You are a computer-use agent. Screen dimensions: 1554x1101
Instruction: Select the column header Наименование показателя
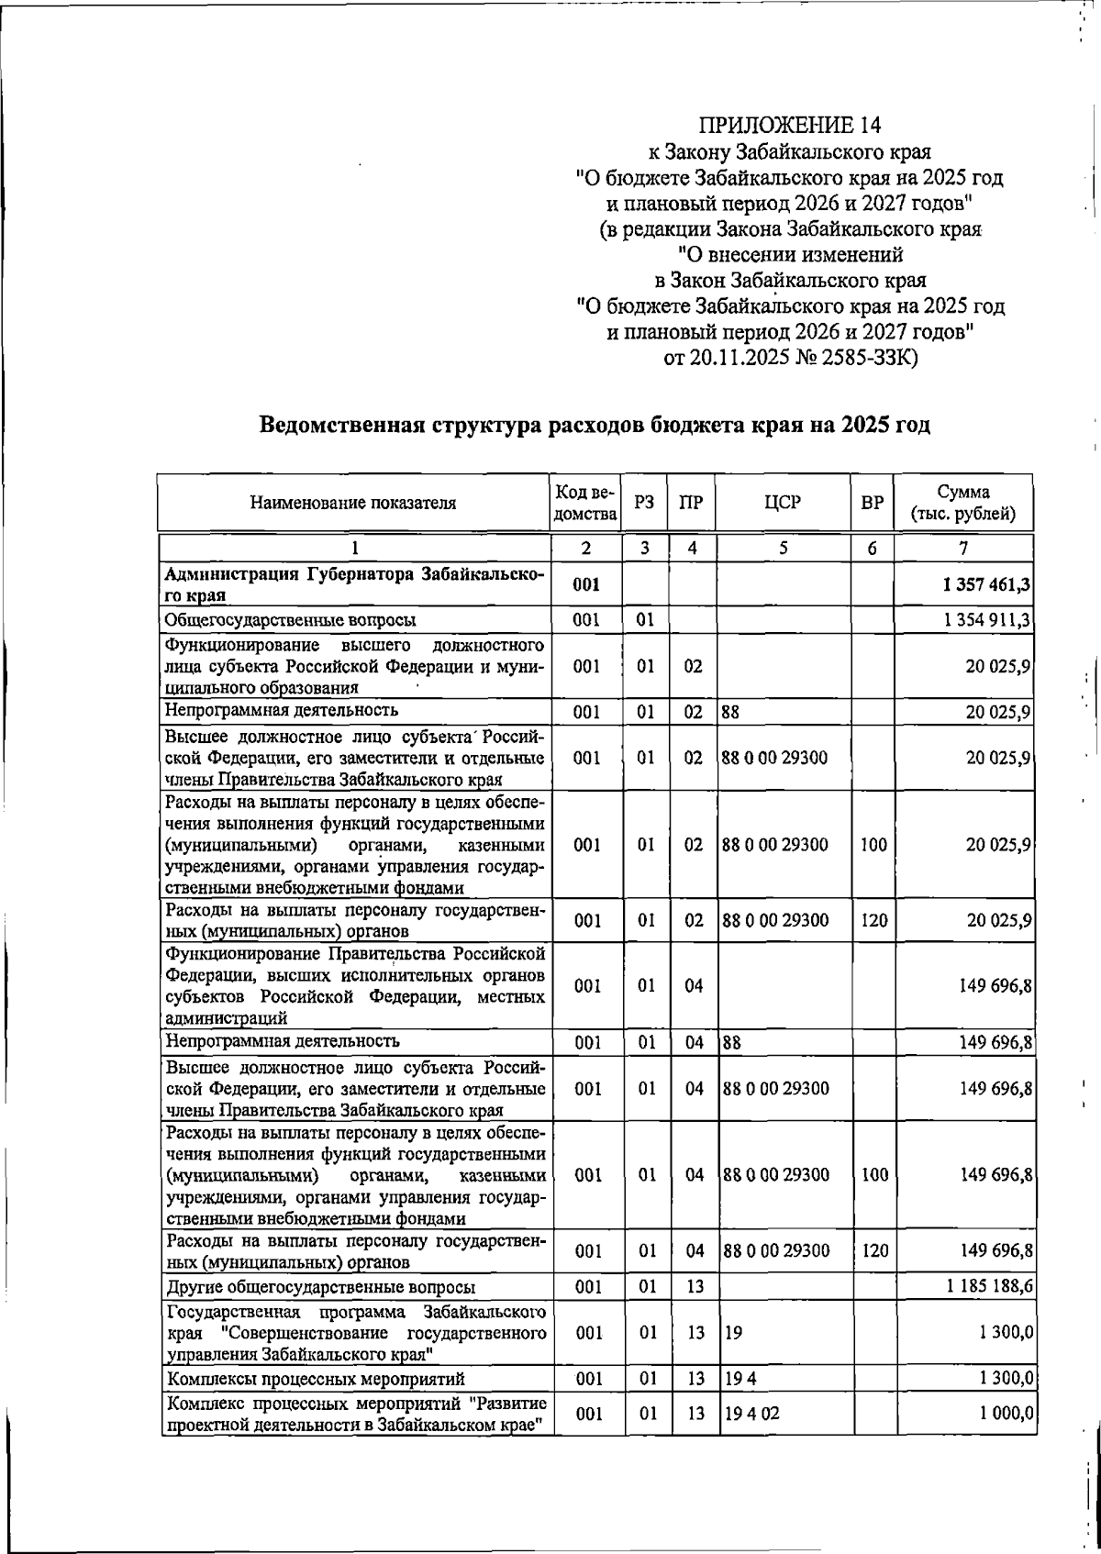click(x=353, y=503)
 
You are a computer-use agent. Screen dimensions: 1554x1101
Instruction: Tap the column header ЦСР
click(x=784, y=503)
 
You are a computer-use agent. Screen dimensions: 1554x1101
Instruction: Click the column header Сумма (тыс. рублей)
click(x=962, y=503)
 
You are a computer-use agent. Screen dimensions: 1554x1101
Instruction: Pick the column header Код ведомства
click(x=585, y=503)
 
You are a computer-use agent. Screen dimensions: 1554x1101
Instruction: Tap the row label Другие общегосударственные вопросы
click(x=320, y=1287)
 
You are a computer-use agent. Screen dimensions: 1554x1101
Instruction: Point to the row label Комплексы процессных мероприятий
click(x=315, y=1379)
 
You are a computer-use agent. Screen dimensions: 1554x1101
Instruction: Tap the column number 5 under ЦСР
click(x=783, y=548)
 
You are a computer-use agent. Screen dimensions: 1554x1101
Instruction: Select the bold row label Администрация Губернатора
click(x=353, y=575)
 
